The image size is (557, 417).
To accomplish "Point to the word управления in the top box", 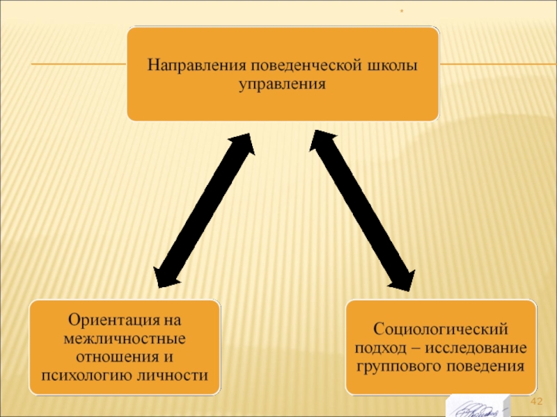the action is tap(283, 84).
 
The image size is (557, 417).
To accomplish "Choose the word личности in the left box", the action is tap(180, 376).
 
